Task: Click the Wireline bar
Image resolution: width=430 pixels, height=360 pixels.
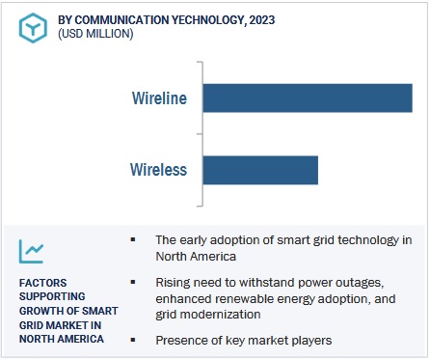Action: (x=308, y=98)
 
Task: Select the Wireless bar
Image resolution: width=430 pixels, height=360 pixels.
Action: (x=260, y=170)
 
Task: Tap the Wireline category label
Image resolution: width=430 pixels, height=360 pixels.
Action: (x=159, y=98)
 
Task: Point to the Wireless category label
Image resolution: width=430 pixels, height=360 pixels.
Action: (x=158, y=171)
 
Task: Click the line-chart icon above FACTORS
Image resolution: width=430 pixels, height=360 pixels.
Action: (x=32, y=251)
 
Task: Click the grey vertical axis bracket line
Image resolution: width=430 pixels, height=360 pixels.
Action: (x=201, y=134)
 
